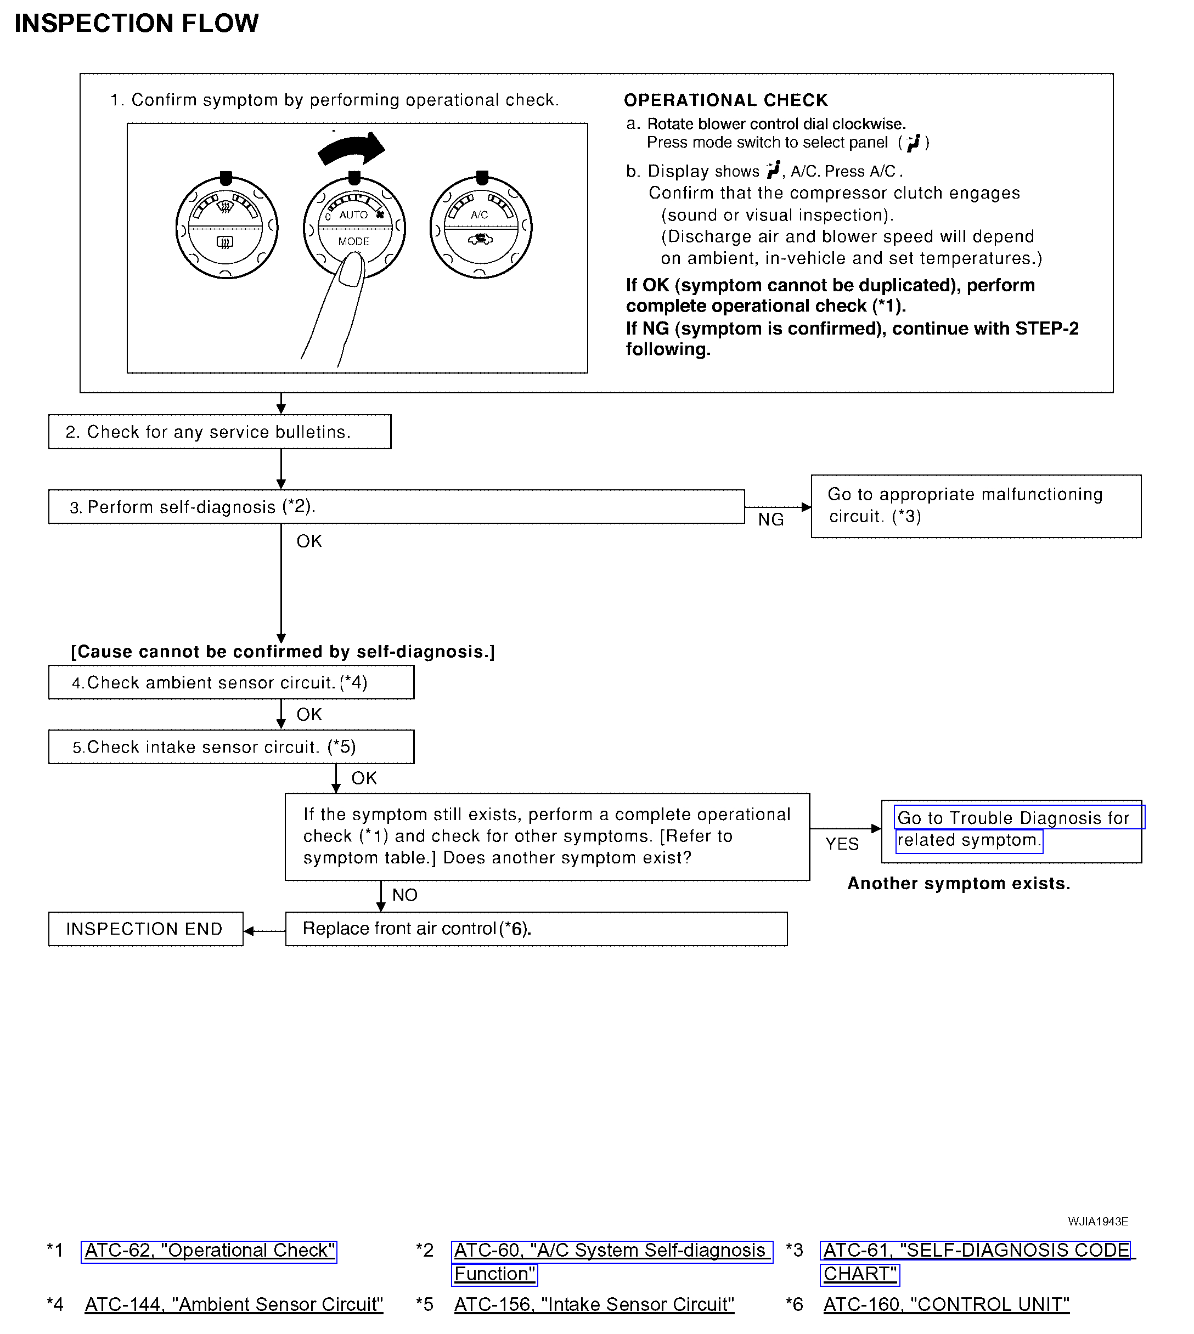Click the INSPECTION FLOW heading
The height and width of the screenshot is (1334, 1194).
pos(137,24)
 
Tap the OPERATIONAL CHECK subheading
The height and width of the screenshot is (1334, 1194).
pos(725,100)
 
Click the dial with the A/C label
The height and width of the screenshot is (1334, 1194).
pos(481,227)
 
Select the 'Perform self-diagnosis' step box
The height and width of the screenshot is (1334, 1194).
pos(396,507)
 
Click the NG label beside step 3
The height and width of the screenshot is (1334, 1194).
pos(771,519)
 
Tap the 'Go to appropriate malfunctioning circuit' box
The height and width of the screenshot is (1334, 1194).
pos(976,506)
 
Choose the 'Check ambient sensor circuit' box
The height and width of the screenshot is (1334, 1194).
pos(231,683)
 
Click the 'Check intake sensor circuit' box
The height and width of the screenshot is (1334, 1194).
pos(231,747)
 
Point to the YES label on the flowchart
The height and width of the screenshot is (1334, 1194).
pos(842,844)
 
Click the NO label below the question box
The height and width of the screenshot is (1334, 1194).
pos(405,895)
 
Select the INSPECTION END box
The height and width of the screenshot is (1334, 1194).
pos(145,929)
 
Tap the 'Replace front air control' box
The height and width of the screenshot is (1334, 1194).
pos(536,929)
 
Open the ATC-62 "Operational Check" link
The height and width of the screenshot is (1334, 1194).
pos(209,1250)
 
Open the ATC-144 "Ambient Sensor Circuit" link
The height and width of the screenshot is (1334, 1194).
pos(234,1304)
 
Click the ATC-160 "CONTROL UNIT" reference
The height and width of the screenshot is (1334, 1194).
pos(946,1304)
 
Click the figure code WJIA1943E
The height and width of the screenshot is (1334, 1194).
pos(1097,1221)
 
